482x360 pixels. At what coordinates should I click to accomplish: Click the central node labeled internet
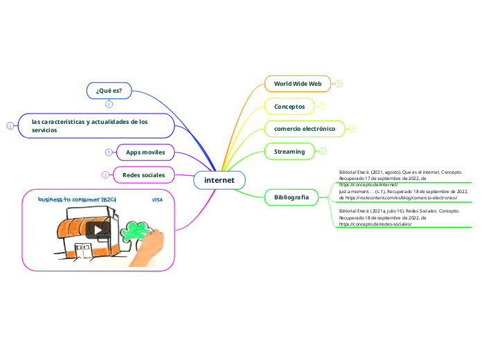(x=220, y=180)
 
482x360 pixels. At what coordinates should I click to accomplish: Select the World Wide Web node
(x=298, y=84)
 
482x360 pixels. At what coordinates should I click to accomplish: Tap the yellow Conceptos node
(x=289, y=106)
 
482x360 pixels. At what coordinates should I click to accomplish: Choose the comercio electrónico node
(x=305, y=129)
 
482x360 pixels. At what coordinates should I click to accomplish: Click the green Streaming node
(x=289, y=151)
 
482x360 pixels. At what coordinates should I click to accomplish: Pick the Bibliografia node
(x=292, y=197)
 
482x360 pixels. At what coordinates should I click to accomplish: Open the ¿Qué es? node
(x=109, y=90)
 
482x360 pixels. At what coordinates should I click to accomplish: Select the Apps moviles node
(x=145, y=152)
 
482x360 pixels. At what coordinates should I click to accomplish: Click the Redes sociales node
(x=143, y=175)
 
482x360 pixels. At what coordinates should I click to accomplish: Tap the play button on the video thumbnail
(x=98, y=228)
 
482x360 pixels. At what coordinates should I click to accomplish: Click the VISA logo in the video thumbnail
(x=157, y=199)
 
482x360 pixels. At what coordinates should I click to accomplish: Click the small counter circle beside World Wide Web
(x=339, y=84)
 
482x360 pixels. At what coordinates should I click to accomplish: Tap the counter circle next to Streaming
(x=323, y=151)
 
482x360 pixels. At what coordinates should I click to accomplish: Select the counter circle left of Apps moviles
(x=109, y=152)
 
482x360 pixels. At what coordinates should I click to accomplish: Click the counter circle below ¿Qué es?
(x=109, y=105)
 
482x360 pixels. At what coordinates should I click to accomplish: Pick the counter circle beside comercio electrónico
(x=352, y=129)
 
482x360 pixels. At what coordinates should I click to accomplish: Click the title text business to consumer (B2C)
(x=77, y=199)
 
